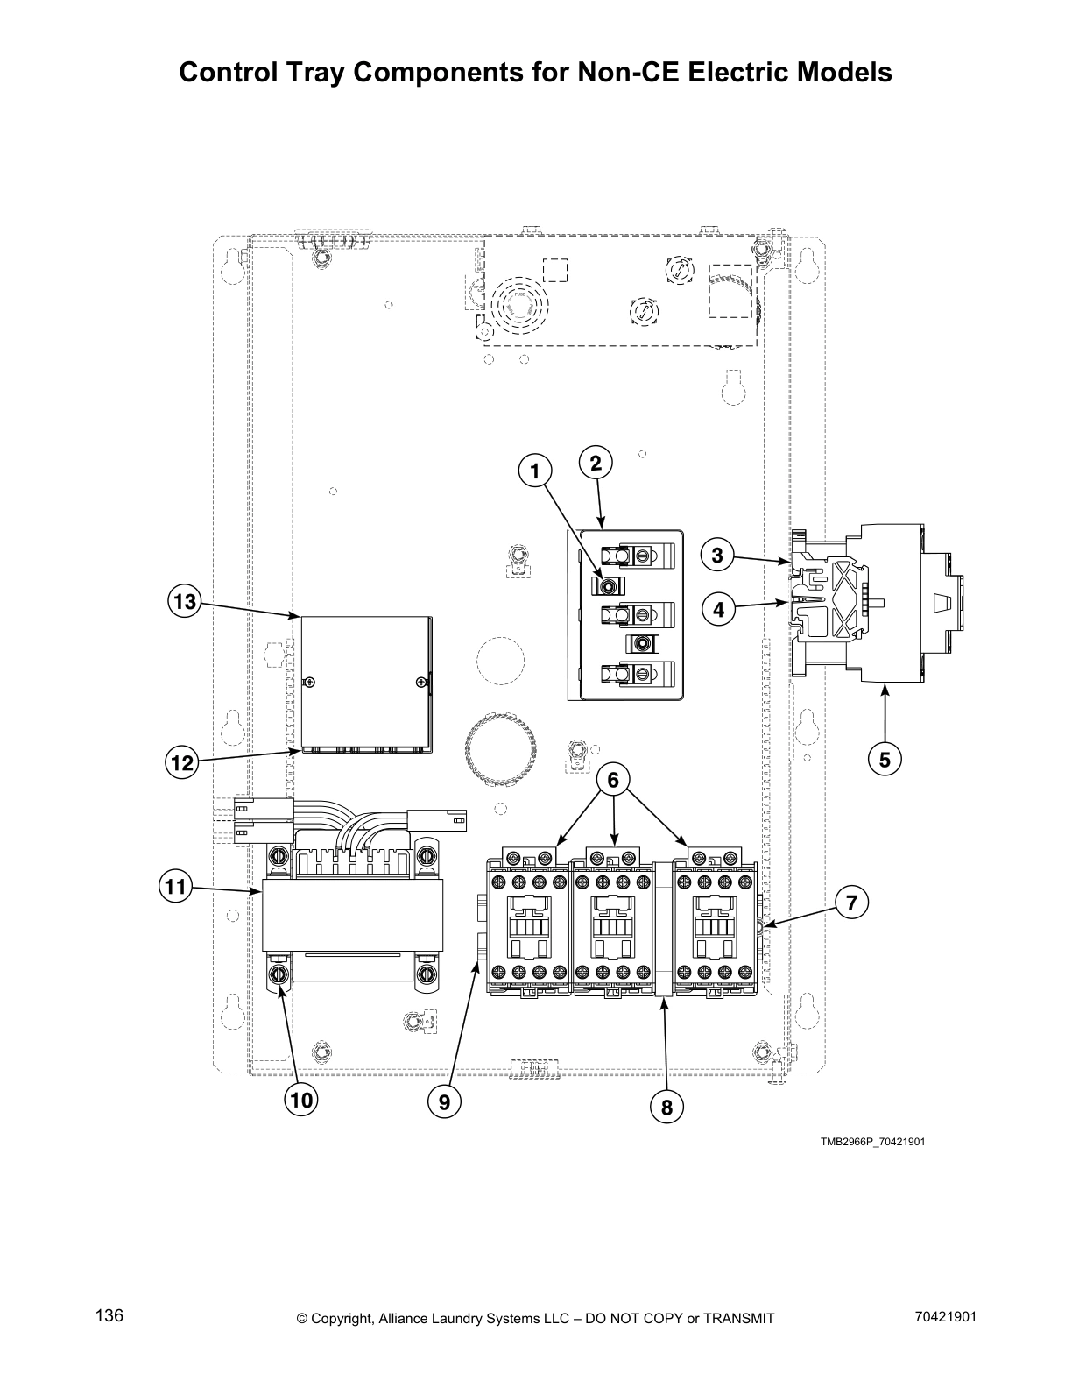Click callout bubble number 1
click(x=533, y=471)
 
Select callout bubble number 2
click(x=596, y=464)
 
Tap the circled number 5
click(x=885, y=760)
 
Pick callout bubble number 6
click(x=613, y=779)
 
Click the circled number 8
click(x=666, y=1108)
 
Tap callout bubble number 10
click(x=301, y=1100)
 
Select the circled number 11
click(x=176, y=887)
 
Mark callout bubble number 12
click(x=182, y=763)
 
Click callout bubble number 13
click(x=185, y=602)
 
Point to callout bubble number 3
click(x=717, y=555)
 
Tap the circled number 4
click(x=718, y=608)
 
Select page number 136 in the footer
click(x=109, y=1316)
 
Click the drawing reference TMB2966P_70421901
click(x=872, y=1142)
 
